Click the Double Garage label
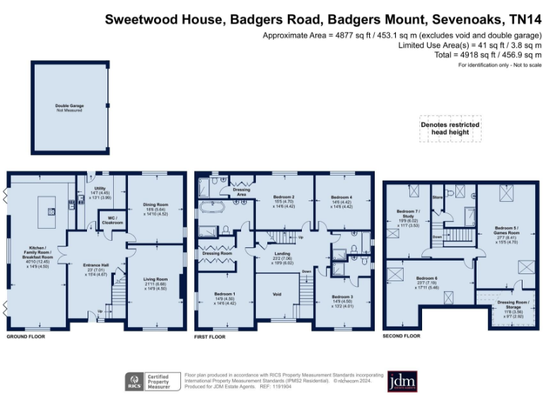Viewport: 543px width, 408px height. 69,108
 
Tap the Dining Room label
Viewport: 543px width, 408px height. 156,209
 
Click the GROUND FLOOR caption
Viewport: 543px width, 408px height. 25,336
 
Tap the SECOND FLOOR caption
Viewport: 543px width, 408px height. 402,335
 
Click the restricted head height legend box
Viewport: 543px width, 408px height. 450,127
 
